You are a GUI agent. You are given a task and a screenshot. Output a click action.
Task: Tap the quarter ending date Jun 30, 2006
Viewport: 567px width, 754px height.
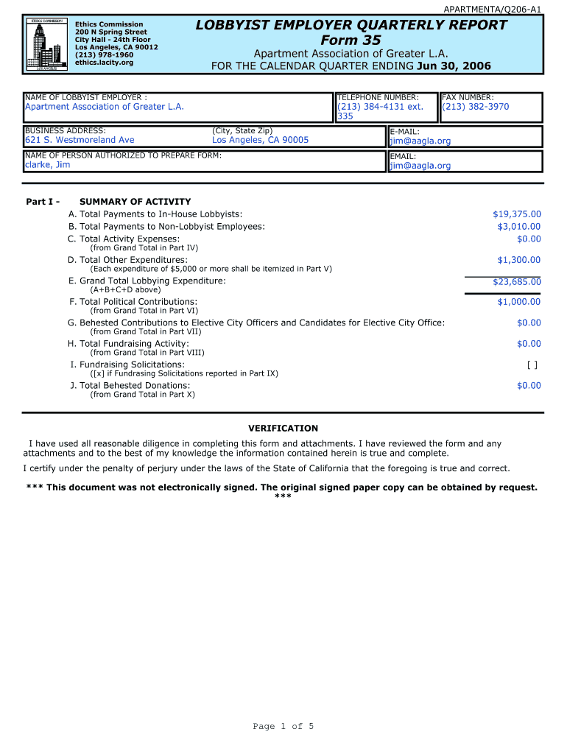[454, 66]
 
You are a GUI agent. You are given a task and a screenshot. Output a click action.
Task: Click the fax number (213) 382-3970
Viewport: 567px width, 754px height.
[475, 107]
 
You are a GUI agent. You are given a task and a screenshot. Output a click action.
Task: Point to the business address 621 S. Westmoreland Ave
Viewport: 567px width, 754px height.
[80, 140]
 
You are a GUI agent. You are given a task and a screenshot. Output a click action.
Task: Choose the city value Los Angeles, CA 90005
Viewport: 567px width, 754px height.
[260, 140]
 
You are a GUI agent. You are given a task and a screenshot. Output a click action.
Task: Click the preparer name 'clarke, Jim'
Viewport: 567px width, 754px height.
[48, 165]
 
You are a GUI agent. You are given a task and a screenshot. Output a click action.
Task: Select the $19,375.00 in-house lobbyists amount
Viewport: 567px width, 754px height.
[516, 214]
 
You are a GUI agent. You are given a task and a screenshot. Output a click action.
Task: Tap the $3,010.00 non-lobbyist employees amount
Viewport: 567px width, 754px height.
[518, 227]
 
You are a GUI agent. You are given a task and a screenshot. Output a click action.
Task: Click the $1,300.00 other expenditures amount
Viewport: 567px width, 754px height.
[518, 260]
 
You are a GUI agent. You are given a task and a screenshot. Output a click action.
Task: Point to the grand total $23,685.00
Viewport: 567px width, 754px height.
[516, 282]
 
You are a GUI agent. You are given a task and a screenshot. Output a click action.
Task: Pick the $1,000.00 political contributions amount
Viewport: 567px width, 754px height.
[518, 302]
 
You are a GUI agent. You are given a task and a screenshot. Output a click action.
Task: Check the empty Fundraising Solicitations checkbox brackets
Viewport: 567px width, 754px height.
[532, 364]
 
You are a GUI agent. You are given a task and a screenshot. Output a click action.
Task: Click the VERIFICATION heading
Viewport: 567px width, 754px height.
[283, 429]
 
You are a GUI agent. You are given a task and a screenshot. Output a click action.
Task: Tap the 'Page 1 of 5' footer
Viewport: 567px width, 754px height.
[283, 727]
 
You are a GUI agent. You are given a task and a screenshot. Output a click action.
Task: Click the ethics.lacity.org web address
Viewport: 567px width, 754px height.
[104, 63]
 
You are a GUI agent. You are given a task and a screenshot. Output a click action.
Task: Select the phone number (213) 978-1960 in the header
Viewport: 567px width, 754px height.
[104, 54]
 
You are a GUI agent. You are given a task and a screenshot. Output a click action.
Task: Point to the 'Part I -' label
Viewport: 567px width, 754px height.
[43, 202]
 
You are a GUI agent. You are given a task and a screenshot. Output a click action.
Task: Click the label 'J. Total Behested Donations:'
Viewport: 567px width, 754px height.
[130, 386]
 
